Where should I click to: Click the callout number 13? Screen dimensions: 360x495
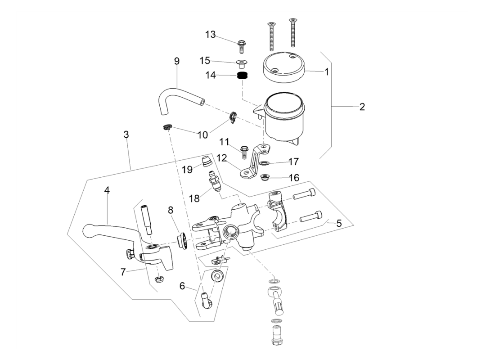[x=211, y=35]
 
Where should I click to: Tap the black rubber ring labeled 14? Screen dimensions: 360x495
[x=243, y=76]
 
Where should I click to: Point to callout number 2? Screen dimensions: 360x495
[x=362, y=107]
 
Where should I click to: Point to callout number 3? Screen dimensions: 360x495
[x=126, y=134]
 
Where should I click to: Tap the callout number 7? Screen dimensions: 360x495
[x=123, y=272]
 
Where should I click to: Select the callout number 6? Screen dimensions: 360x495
[x=182, y=285]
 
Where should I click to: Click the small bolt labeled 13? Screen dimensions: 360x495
[x=241, y=45]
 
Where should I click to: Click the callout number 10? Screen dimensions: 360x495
[x=202, y=134]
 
